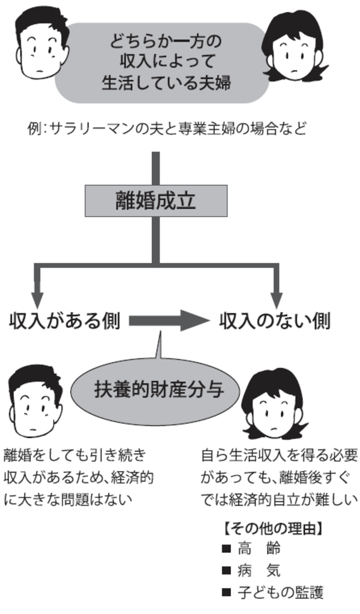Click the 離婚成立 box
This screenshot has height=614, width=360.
pos(156,200)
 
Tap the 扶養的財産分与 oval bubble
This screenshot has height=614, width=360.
pos(159,390)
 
